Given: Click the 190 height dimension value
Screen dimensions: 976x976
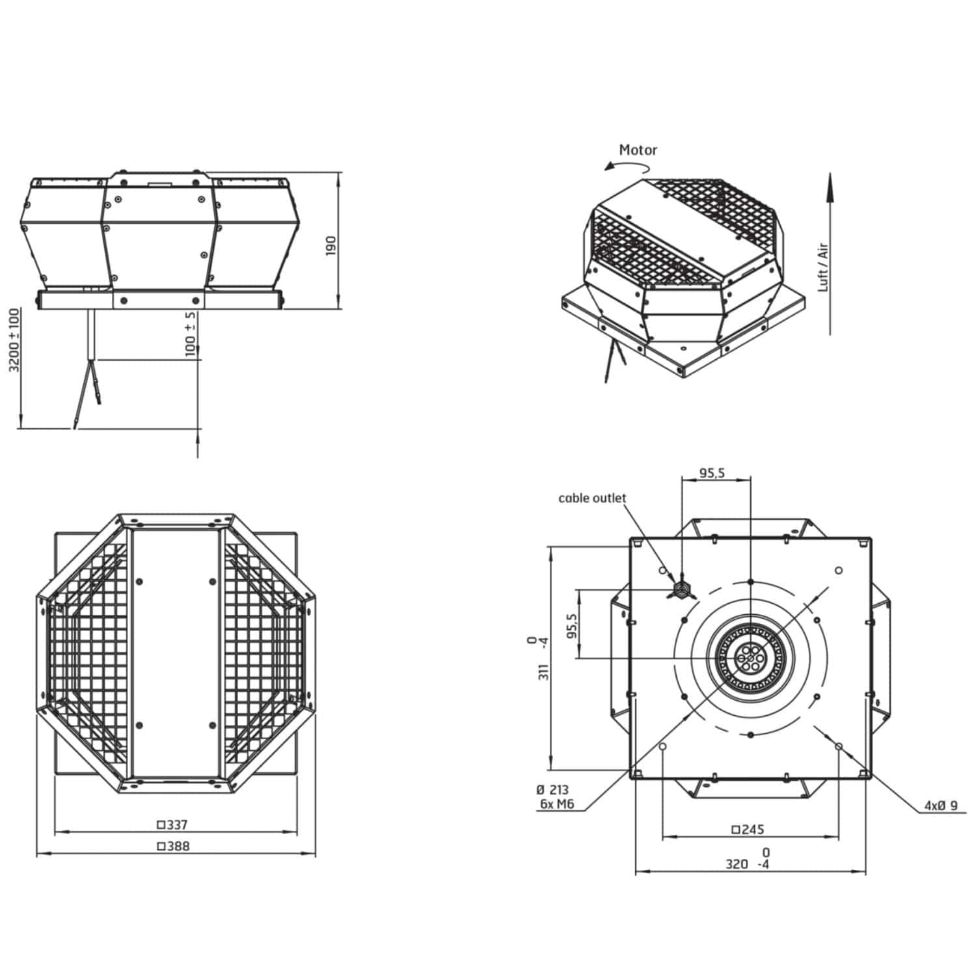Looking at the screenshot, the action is coord(331,245).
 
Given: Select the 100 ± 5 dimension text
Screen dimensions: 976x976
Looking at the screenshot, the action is coord(191,334).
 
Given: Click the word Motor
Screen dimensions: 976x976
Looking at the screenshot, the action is coord(638,150).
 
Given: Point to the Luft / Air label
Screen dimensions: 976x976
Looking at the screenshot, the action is coord(823,267).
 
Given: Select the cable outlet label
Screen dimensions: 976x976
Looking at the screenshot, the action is coord(592,498).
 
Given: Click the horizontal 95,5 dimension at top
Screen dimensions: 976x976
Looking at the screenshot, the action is coord(712,473).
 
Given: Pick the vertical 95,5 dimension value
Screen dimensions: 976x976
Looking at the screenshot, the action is coord(572,625).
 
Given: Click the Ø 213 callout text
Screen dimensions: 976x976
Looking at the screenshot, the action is coord(552,790).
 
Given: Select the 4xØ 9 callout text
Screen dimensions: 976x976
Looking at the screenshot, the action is coord(941,806).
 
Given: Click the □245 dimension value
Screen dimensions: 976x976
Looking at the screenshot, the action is coord(748,830).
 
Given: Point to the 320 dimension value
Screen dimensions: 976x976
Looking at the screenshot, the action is coord(737,865).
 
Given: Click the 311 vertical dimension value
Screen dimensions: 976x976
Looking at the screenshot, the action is coord(545,672).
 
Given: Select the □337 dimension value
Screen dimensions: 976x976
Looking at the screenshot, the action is coord(172,825).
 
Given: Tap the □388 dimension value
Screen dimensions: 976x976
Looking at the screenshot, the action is coord(172,847).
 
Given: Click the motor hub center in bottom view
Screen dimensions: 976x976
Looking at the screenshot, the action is coord(750,658).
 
